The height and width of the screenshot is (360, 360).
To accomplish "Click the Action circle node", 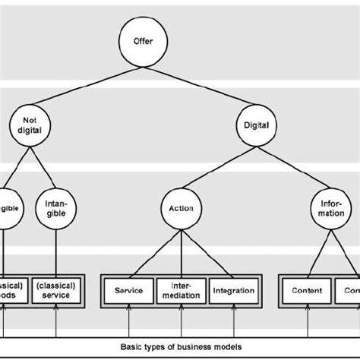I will click(180, 208).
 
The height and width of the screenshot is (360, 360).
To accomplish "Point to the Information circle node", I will click(330, 208).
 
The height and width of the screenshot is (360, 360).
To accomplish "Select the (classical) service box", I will click(57, 290).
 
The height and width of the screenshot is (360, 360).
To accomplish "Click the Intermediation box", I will click(180, 290).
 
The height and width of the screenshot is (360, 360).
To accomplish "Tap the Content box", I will click(307, 290).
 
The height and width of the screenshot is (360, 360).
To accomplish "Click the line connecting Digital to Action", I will click(216, 166).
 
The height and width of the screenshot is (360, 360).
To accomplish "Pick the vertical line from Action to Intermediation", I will click(180, 251).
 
